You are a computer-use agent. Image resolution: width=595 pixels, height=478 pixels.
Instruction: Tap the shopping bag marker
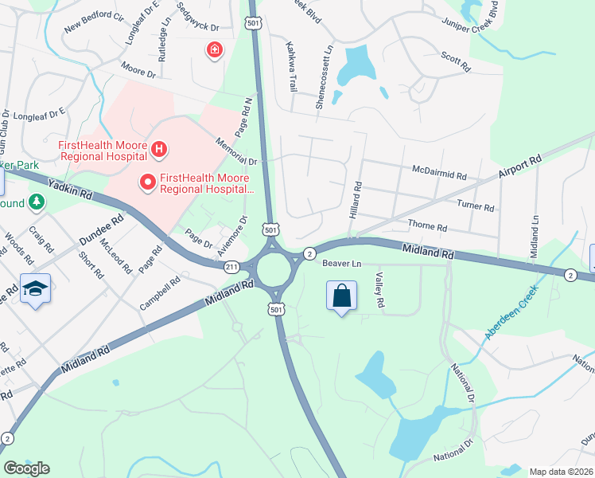341,296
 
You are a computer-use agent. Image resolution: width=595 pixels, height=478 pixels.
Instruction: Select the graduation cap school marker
35,288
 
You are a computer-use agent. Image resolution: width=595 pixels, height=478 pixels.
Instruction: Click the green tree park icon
36,202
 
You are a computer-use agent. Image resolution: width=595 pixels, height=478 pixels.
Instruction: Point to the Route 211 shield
231,266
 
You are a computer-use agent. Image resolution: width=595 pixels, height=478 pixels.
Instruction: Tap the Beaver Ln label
341,264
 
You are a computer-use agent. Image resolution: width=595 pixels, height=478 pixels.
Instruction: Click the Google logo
26,468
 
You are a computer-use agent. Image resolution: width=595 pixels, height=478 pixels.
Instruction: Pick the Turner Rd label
476,206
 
